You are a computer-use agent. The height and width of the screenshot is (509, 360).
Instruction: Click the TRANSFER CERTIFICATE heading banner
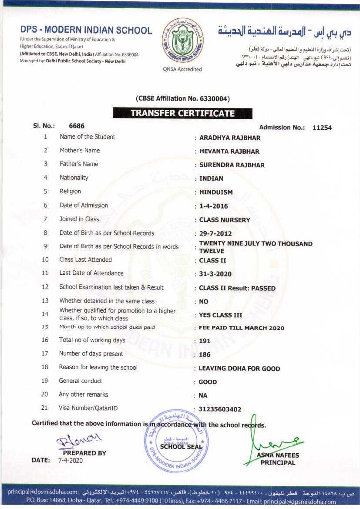[182, 113]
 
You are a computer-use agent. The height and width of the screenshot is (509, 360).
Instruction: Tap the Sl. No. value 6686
[77, 125]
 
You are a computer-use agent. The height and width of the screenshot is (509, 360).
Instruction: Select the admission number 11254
[322, 128]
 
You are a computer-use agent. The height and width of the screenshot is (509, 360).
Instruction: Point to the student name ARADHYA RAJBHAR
[230, 138]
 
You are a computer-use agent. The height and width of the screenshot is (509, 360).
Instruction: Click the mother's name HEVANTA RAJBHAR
[229, 152]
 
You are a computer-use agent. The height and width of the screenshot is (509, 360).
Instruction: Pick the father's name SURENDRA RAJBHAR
[232, 165]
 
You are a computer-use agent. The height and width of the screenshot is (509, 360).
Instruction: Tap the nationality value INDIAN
[211, 179]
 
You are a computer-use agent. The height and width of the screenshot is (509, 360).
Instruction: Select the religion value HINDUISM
[216, 192]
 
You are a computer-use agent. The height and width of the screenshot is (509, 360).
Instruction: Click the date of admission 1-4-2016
[213, 206]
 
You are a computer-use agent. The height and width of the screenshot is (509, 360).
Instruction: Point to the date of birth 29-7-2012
[215, 233]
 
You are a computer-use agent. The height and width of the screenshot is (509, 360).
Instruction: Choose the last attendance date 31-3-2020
[215, 274]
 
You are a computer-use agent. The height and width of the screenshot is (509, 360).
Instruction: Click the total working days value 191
[205, 341]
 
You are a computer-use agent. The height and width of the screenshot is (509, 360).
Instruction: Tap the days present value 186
[205, 354]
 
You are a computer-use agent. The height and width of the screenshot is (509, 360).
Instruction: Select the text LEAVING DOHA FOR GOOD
[239, 368]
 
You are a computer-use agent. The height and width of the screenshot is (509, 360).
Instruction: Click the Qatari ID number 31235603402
[220, 409]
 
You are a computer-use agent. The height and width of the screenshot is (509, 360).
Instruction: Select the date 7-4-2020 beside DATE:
[70, 460]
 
